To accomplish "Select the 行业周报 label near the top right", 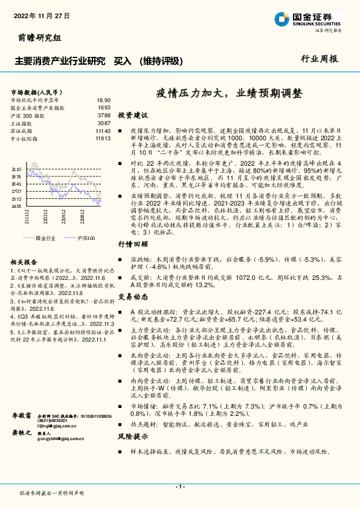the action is pyautogui.click(x=320, y=59).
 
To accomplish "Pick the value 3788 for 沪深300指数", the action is pyautogui.click(x=103, y=115).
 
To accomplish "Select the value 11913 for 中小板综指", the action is pyautogui.click(x=103, y=138).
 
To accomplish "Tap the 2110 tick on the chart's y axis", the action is pyautogui.click(x=16, y=170).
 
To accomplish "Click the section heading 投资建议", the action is pyautogui.click(x=132, y=115).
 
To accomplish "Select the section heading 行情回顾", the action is pyautogui.click(x=132, y=244).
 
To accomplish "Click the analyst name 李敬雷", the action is pyautogui.click(x=22, y=417).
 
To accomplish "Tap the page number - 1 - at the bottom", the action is pyautogui.click(x=179, y=487).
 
